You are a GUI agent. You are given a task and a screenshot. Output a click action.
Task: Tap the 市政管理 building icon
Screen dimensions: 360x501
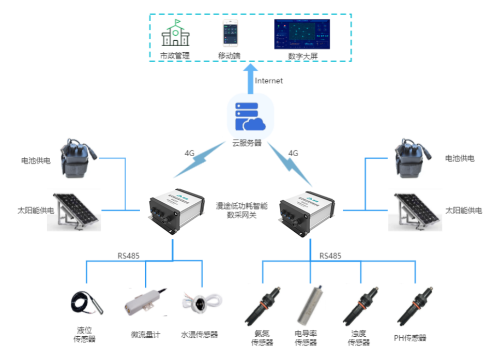175,34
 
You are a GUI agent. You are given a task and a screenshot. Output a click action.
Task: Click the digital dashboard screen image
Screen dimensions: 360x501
301,34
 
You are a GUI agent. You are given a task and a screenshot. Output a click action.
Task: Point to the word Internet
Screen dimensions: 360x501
269,81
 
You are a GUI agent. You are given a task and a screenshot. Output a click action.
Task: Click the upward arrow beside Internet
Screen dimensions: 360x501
250,78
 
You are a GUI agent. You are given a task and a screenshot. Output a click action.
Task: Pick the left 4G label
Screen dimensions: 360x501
190,153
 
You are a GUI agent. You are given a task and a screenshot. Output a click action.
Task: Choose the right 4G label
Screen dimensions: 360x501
293,153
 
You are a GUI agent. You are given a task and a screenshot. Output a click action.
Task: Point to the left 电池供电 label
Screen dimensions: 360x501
36,161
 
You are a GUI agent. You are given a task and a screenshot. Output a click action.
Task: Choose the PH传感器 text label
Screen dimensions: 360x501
410,338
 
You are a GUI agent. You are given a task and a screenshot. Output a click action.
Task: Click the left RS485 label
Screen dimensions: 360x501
128,256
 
